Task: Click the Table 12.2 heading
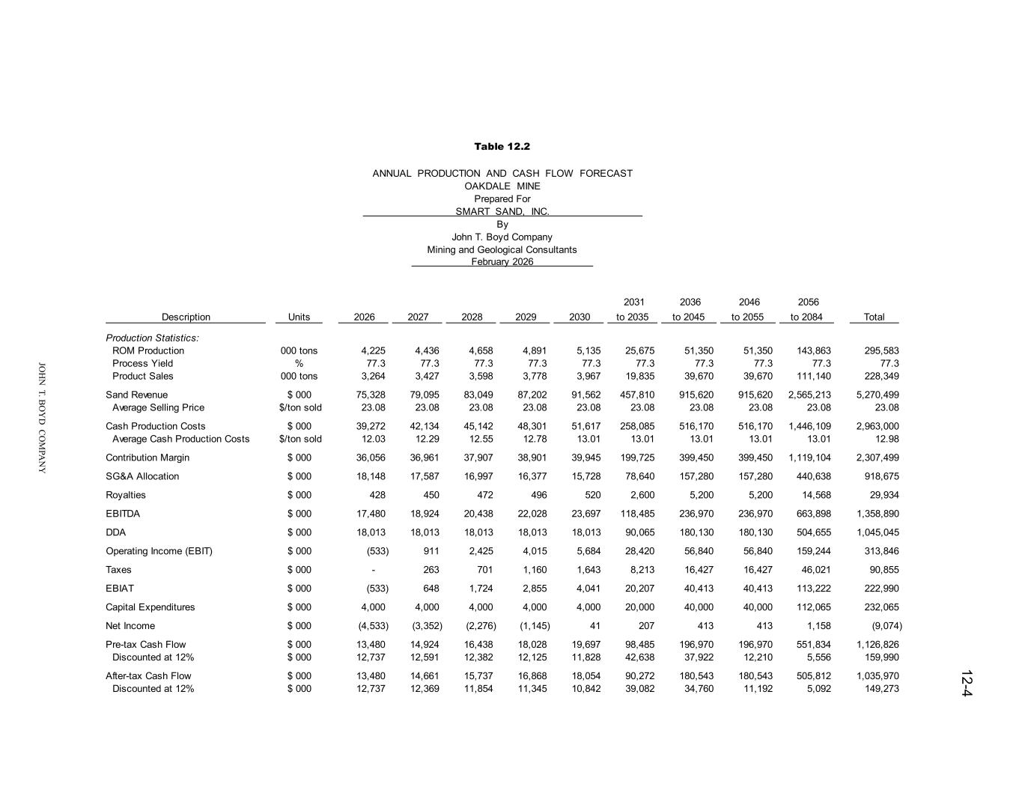(x=502, y=146)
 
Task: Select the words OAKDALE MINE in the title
(x=502, y=186)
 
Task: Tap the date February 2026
(x=502, y=261)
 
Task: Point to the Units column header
(x=299, y=317)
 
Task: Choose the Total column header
(x=874, y=317)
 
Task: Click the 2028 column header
(x=472, y=317)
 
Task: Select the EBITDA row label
(x=123, y=514)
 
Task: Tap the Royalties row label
(x=126, y=495)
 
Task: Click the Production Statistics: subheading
(x=152, y=338)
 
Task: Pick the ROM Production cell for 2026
(x=373, y=350)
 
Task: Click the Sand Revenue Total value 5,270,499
(x=877, y=395)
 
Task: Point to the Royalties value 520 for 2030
(x=591, y=495)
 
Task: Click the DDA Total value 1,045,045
(x=877, y=532)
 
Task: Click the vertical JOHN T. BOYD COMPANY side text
(x=43, y=417)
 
